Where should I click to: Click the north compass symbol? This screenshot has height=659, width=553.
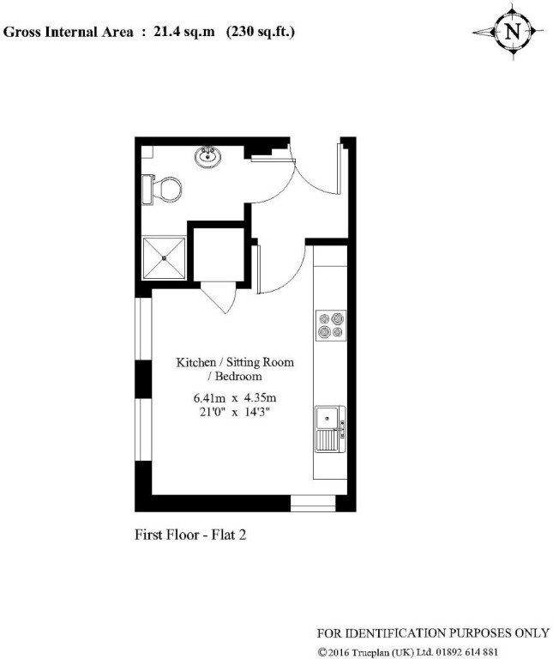pos(512,33)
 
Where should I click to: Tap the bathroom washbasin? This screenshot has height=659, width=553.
pos(207,157)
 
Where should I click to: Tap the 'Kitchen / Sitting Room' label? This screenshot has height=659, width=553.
pos(235,362)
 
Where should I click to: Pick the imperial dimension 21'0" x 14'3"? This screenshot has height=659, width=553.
pos(235,411)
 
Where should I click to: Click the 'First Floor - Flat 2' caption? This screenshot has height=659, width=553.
pos(191,535)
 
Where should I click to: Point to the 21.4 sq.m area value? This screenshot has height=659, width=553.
pos(178,33)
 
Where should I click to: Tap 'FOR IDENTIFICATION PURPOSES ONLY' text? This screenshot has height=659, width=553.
pos(433,633)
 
